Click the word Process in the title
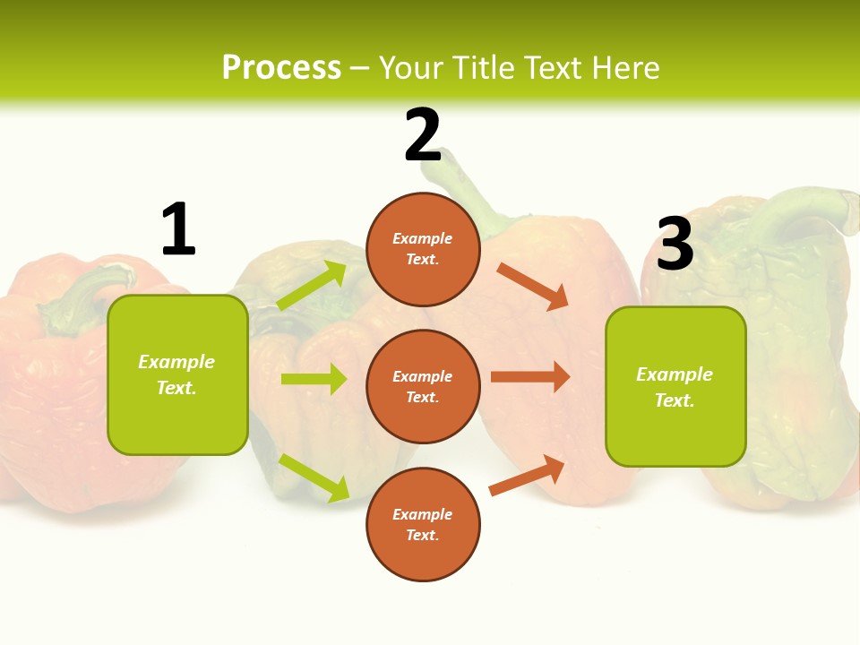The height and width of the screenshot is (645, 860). pyautogui.click(x=281, y=68)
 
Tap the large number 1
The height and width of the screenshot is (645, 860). pyautogui.click(x=178, y=229)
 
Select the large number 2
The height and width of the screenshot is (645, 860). pyautogui.click(x=423, y=136)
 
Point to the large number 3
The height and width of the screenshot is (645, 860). pyautogui.click(x=675, y=244)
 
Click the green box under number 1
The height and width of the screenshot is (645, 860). pyautogui.click(x=177, y=374)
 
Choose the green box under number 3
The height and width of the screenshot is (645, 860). pyautogui.click(x=675, y=386)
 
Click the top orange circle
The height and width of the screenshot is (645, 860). pyautogui.click(x=423, y=249)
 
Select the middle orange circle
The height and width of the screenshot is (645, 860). pyautogui.click(x=423, y=386)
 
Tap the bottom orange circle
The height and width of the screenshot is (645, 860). pyautogui.click(x=423, y=524)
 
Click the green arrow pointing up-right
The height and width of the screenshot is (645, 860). pyautogui.click(x=312, y=286)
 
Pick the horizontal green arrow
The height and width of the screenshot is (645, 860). pyautogui.click(x=314, y=379)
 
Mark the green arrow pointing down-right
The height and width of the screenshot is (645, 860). pyautogui.click(x=314, y=477)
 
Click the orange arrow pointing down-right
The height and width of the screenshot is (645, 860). pyautogui.click(x=532, y=286)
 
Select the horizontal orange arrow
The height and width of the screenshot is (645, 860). pyautogui.click(x=529, y=377)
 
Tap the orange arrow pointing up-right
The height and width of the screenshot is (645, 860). pyautogui.click(x=527, y=476)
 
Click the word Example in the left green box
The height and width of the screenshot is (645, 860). pyautogui.click(x=176, y=362)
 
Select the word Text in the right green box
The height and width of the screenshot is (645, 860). pyautogui.click(x=675, y=400)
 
